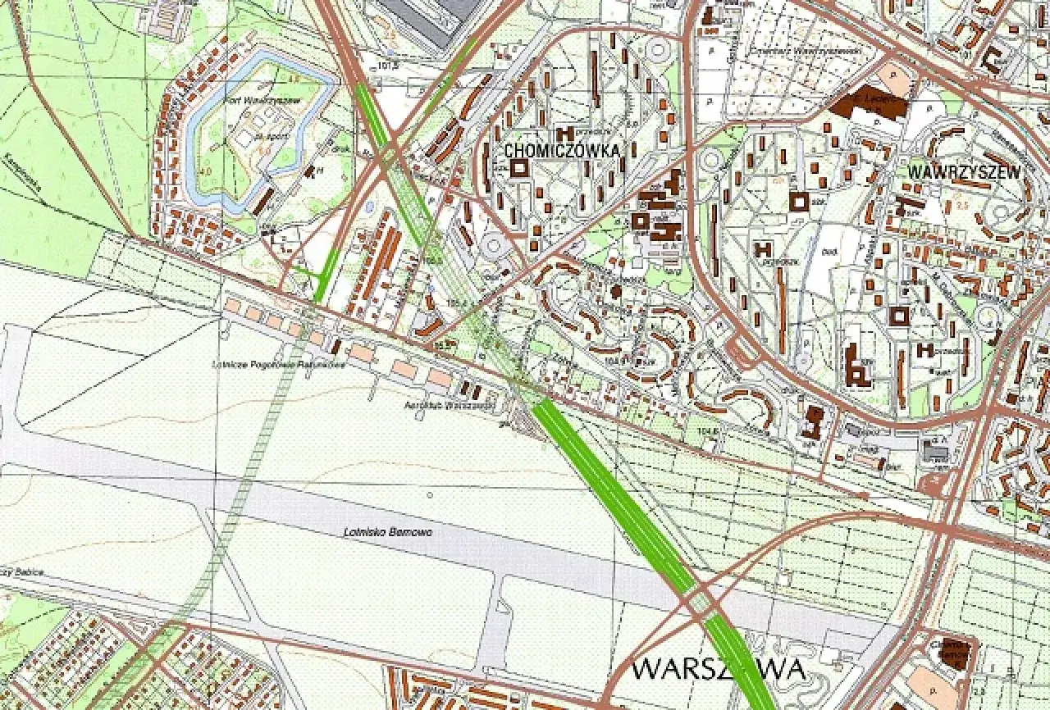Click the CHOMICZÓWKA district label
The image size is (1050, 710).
coord(563,151)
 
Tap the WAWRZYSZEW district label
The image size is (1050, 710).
coord(965,172)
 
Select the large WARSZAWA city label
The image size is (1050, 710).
coord(719,669)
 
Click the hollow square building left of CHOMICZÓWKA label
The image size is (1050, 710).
coord(518,168)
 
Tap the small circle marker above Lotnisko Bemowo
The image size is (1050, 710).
coord(430,494)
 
